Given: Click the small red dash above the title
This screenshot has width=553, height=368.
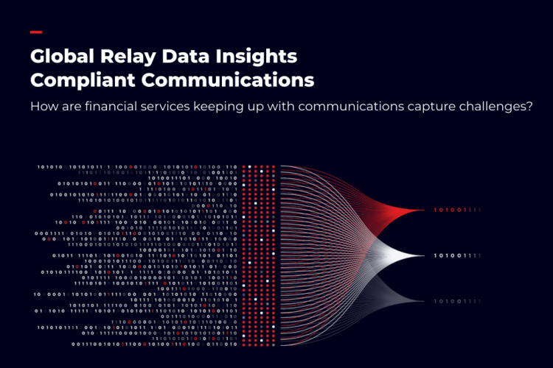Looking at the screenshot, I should [35, 32].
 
